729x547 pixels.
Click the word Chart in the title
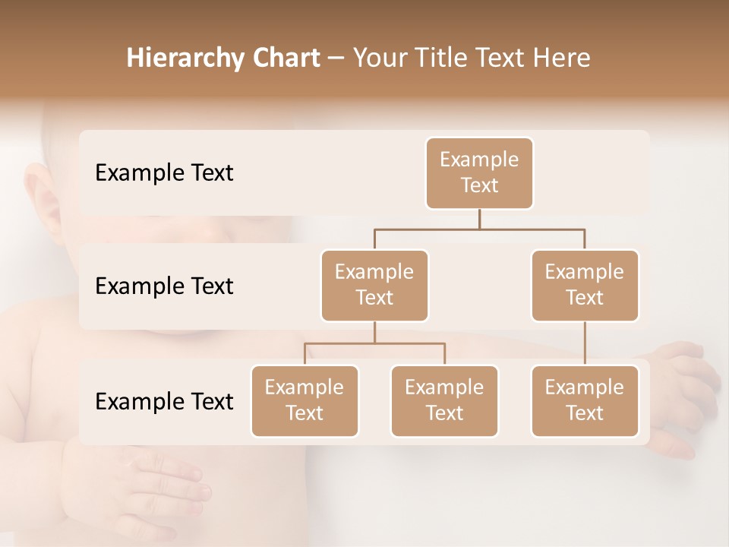285,58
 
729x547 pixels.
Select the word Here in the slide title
562,58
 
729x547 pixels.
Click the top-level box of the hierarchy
479,173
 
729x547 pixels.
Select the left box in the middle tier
374,285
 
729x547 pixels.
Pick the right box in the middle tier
585,285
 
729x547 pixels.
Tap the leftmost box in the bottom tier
305,400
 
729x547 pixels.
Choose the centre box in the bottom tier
444,400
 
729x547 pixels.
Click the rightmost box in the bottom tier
585,400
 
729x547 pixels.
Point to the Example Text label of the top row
164,173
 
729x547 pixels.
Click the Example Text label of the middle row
164,286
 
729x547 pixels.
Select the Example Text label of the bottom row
164,401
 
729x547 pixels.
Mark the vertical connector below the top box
479,219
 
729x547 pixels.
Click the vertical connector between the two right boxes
585,343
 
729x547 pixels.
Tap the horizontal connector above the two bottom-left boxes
374,343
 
